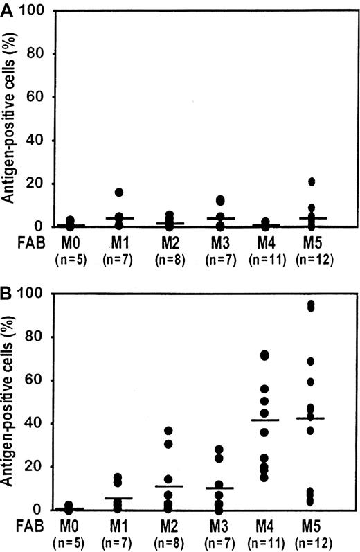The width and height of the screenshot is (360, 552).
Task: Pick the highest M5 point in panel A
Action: [312, 181]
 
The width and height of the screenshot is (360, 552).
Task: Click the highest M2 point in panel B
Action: [168, 431]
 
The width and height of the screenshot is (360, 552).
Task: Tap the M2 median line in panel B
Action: [168, 486]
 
